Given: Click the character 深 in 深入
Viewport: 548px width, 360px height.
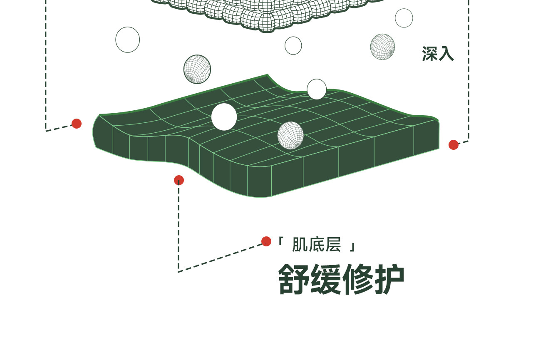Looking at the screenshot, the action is click(430, 54).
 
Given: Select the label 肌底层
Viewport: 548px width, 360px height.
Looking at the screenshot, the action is click(316, 245).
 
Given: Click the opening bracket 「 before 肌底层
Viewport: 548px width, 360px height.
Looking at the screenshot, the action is click(280, 242).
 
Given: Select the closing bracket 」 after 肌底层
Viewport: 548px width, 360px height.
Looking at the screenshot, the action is click(352, 246).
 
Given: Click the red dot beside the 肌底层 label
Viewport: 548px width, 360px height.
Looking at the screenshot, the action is click(266, 241).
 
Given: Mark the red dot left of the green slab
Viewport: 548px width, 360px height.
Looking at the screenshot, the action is click(77, 124).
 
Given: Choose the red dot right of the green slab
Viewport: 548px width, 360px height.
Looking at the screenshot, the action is click(454, 145).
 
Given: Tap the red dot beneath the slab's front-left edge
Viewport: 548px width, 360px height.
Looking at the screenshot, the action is click(179, 180).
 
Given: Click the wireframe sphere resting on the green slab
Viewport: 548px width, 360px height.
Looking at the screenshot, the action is click(290, 135).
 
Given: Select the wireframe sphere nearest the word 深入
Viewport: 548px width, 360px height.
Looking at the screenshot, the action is click(382, 47).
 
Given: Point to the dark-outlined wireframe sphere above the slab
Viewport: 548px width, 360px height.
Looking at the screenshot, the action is click(197, 69).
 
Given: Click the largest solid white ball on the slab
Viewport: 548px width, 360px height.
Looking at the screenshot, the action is click(224, 117).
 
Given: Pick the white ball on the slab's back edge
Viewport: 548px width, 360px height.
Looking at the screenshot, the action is click(317, 89).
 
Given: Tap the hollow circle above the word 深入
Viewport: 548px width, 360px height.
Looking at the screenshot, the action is click(404, 18).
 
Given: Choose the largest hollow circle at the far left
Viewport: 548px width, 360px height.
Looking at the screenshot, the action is click(128, 40).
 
